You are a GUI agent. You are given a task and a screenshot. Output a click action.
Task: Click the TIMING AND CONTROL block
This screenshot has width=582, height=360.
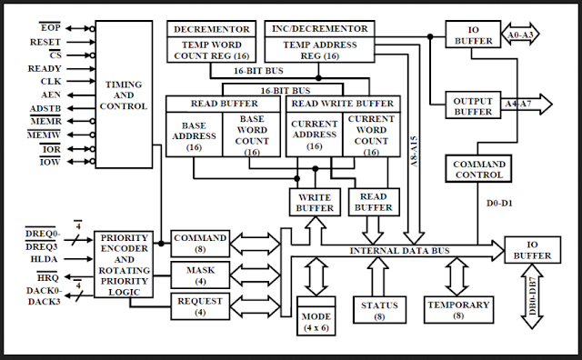pyautogui.click(x=124, y=95)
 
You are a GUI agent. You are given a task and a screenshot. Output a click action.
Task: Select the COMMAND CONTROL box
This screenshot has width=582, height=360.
pyautogui.click(x=478, y=169)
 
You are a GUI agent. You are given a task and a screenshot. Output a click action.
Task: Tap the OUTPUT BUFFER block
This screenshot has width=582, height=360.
pyautogui.click(x=473, y=105)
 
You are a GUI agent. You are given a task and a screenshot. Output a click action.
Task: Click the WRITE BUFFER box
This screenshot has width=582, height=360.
pyautogui.click(x=315, y=202)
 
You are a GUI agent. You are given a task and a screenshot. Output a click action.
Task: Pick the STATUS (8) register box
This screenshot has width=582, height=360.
pyautogui.click(x=379, y=310)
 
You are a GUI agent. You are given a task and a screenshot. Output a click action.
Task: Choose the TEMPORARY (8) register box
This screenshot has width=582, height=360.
pyautogui.click(x=458, y=310)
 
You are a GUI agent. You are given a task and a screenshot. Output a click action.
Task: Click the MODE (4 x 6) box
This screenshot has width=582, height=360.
pyautogui.click(x=316, y=316)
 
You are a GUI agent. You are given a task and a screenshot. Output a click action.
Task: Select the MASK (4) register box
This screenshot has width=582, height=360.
pyautogui.click(x=200, y=275)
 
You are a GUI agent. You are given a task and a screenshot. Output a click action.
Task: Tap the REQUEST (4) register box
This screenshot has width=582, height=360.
pyautogui.click(x=200, y=306)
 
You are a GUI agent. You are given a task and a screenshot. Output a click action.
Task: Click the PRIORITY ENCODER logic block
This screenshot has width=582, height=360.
pyautogui.click(x=124, y=265)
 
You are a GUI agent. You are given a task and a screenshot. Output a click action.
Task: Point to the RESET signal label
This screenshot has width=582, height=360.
pyautogui.click(x=45, y=43)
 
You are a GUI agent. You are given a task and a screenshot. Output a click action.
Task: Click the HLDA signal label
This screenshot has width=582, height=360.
pyautogui.click(x=44, y=259)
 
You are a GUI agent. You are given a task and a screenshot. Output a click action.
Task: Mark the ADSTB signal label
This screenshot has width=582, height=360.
pyautogui.click(x=45, y=109)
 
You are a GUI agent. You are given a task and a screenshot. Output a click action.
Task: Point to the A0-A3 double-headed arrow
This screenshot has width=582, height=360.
pyautogui.click(x=520, y=35)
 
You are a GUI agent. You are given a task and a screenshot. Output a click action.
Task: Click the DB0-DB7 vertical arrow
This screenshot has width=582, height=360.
pyautogui.click(x=532, y=296)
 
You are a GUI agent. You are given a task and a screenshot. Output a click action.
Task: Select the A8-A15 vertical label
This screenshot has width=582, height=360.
pyautogui.click(x=414, y=152)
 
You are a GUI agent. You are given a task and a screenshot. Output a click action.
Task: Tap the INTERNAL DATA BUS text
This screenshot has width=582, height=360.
pyautogui.click(x=400, y=251)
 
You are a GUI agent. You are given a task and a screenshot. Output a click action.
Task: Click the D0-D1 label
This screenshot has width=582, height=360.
pyautogui.click(x=499, y=204)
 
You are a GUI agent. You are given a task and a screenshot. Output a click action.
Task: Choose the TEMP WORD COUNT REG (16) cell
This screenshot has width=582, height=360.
pyautogui.click(x=212, y=50)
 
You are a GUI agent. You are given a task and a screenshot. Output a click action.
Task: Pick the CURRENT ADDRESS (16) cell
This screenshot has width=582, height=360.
pyautogui.click(x=315, y=135)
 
